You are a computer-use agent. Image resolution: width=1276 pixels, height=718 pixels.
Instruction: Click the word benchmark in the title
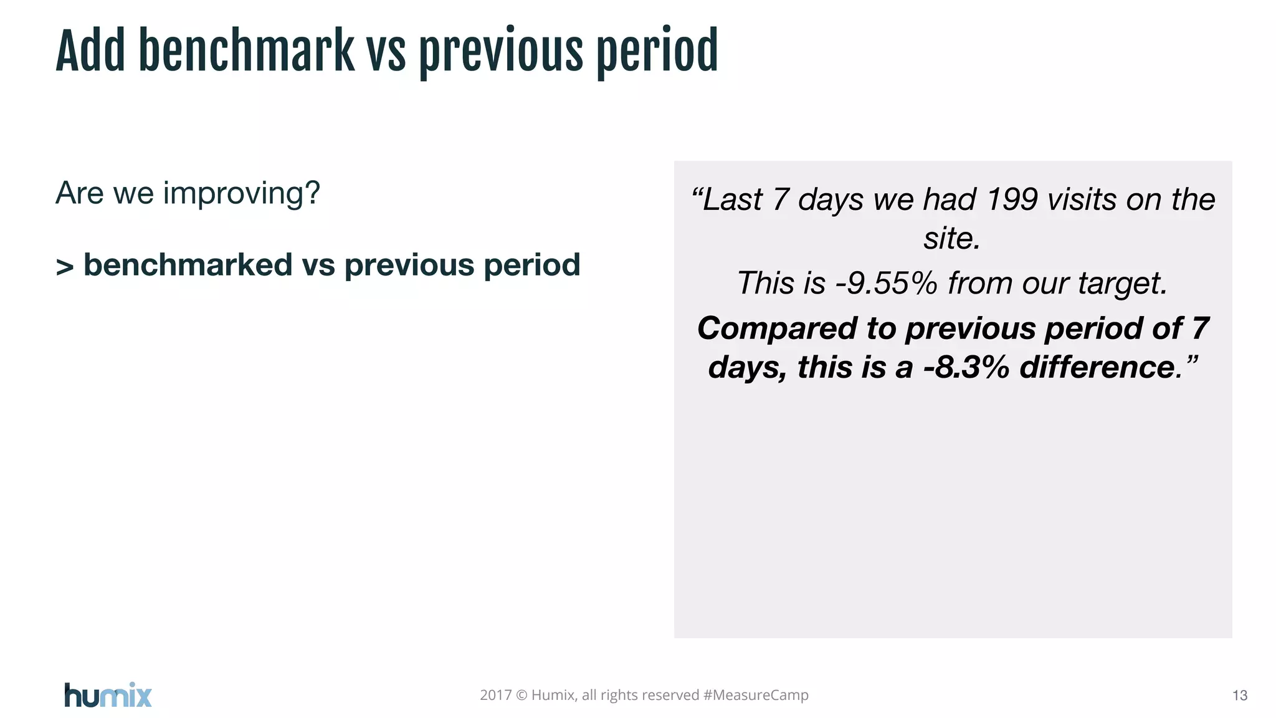tap(246, 51)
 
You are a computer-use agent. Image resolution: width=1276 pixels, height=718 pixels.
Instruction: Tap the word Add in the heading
tap(90, 51)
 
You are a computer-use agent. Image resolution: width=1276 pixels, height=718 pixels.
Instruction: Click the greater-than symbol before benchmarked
tap(65, 267)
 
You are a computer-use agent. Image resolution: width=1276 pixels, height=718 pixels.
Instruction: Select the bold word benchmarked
tap(188, 266)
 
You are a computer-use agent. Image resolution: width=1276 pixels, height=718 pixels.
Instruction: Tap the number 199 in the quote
tap(1012, 199)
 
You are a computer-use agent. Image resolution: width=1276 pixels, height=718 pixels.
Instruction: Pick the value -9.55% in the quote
tap(886, 283)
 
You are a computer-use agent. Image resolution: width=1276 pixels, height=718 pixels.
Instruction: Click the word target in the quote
tap(1121, 284)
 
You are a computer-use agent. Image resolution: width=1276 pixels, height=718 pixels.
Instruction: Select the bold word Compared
tap(776, 328)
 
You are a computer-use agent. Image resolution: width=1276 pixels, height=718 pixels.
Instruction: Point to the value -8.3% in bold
tap(966, 367)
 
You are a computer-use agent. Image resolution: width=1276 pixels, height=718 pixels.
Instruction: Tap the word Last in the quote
tap(732, 200)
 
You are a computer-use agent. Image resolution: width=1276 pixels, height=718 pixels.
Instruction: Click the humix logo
tap(108, 695)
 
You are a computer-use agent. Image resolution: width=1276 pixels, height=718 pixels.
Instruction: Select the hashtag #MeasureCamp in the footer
tap(755, 695)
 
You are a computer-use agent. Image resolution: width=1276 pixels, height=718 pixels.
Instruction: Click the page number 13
tap(1239, 696)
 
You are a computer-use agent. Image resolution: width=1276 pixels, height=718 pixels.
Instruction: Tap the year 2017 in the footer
tap(495, 695)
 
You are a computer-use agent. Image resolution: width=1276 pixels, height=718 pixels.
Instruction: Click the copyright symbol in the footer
tap(521, 695)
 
